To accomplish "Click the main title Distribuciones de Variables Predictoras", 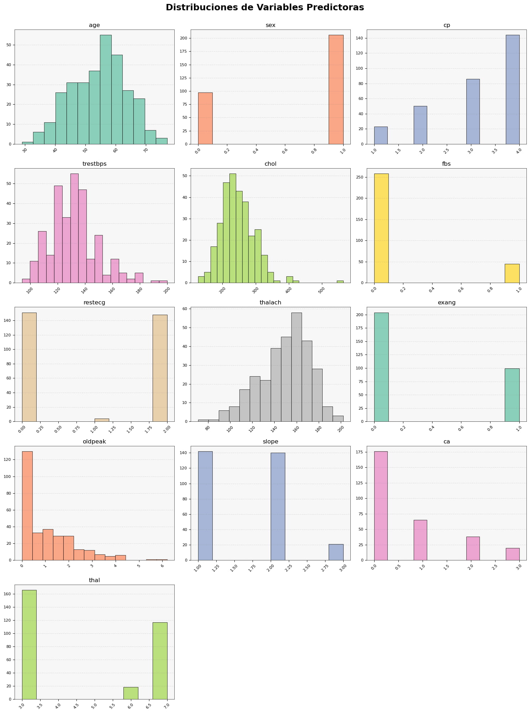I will (265, 7).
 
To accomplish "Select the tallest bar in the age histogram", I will (106, 89).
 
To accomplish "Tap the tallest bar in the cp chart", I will (513, 89).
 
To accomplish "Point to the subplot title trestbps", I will (94, 164).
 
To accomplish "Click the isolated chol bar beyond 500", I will (340, 282).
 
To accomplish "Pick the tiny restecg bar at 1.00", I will (102, 420).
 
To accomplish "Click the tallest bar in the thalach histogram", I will (296, 366).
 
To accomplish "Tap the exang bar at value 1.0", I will (512, 395).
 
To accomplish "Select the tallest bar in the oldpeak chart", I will (27, 505).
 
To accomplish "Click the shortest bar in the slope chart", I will (336, 552).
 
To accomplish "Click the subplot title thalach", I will (270, 303).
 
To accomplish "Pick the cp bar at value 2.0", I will (420, 125).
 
